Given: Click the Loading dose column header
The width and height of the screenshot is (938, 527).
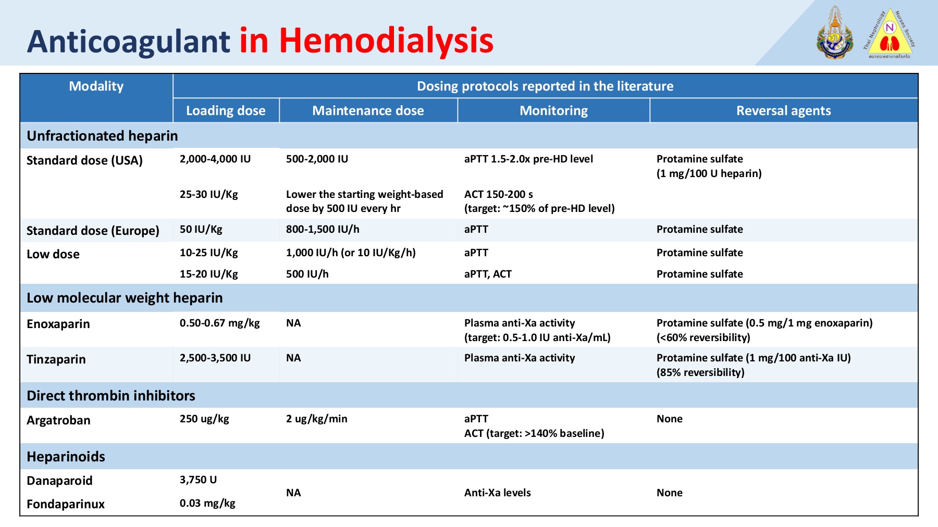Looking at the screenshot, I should pos(226,110).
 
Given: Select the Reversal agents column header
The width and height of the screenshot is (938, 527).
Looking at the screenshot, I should pos(783,110).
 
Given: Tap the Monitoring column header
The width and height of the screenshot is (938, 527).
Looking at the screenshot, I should pos(553,110).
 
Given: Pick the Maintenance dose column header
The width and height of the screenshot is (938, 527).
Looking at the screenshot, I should pos(368,110).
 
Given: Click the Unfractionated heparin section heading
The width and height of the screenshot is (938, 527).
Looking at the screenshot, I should pos(102,136).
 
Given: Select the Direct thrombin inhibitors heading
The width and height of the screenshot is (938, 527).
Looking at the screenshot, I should pos(110,396).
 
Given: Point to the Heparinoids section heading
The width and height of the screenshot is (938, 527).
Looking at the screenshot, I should pos(66,457).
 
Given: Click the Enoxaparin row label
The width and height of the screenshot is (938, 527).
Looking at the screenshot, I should pos(58,324).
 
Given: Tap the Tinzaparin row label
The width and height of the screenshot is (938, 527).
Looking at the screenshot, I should pos(56,359).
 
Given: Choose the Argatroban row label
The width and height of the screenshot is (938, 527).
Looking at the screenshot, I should pos(58,420).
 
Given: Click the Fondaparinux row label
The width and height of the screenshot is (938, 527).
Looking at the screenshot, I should pos(66,504).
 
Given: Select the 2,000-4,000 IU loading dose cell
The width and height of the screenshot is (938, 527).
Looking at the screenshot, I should pos(215,159).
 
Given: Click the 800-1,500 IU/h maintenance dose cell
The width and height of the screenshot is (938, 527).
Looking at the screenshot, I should pos(323,229).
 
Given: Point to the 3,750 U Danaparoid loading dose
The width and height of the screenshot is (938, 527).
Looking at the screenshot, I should pos(198,480).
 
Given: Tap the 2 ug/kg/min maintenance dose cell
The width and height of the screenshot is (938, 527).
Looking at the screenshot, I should pos(316,419).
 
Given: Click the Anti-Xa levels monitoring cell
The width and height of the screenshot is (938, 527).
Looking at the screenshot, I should pos(497,493).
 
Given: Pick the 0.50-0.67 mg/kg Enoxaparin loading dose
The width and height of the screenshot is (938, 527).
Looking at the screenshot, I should pos(219,323).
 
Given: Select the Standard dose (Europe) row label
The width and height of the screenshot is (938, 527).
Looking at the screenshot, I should pos(93,231).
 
